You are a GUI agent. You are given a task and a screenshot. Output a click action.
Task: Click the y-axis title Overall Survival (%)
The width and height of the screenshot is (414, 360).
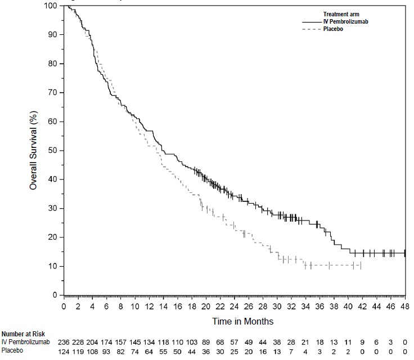click(33, 150)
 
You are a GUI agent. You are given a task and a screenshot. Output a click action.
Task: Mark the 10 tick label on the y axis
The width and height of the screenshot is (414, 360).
click(54, 266)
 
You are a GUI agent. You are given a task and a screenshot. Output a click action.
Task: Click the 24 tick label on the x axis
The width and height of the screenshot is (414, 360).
click(235, 306)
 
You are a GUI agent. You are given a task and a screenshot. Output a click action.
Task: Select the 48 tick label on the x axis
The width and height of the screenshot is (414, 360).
click(405, 306)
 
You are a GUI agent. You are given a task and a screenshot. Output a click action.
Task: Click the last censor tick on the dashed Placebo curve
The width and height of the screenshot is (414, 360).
click(361, 265)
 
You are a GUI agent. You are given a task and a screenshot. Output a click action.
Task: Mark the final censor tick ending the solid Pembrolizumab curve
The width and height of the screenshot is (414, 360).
click(405, 253)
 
